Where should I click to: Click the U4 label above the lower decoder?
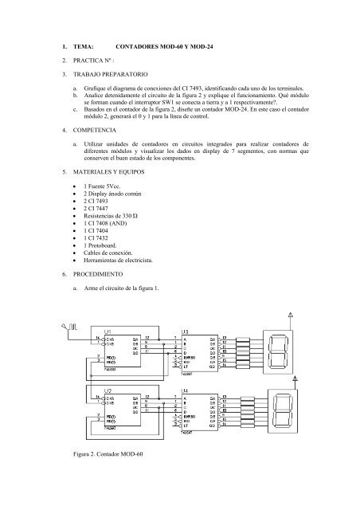coord(185,391)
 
